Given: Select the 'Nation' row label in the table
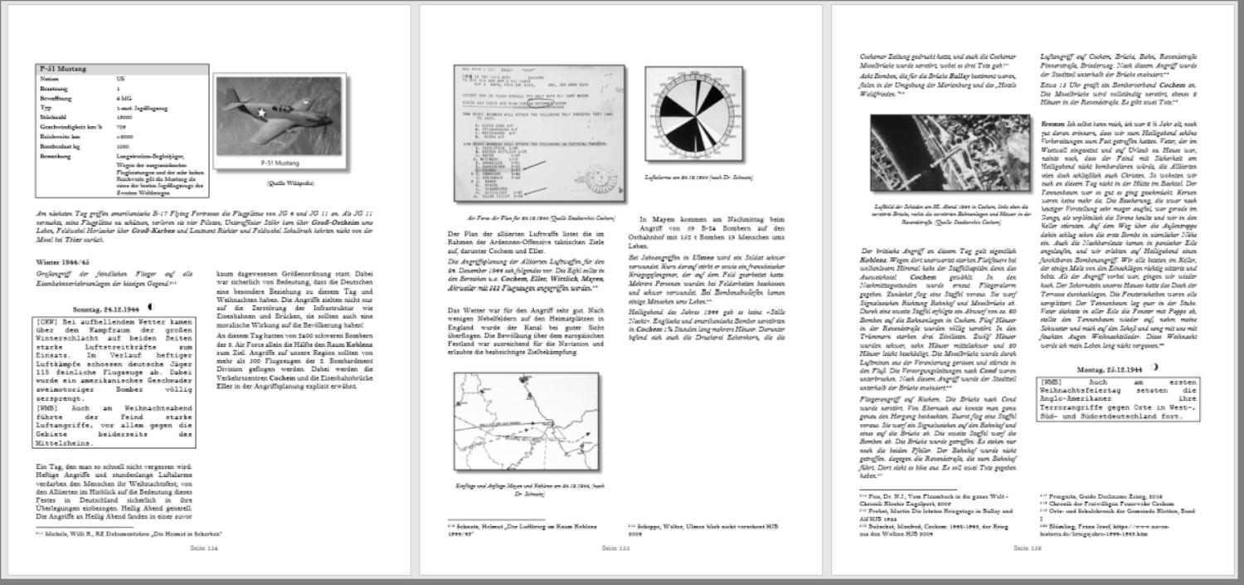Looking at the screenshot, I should [49, 79].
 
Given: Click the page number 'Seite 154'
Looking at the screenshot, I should [204, 548].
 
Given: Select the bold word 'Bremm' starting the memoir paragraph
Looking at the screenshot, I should [1052, 124].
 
